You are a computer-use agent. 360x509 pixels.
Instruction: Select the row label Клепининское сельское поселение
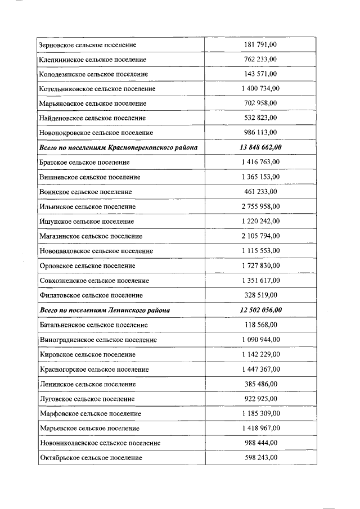pos(93,59)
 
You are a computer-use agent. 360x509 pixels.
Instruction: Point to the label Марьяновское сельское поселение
pos(93,103)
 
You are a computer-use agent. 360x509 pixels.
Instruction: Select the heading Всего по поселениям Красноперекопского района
pos(118,147)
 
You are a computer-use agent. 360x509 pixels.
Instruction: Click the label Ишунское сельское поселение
pos(87,222)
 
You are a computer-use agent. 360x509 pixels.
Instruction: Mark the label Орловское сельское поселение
pos(87,265)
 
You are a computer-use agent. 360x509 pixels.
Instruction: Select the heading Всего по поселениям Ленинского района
pos(105,310)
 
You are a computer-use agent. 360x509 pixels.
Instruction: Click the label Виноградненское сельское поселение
pos(98,340)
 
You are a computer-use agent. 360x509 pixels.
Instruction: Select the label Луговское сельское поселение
pos(87,399)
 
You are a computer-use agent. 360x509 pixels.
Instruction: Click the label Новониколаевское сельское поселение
pos(100,443)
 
